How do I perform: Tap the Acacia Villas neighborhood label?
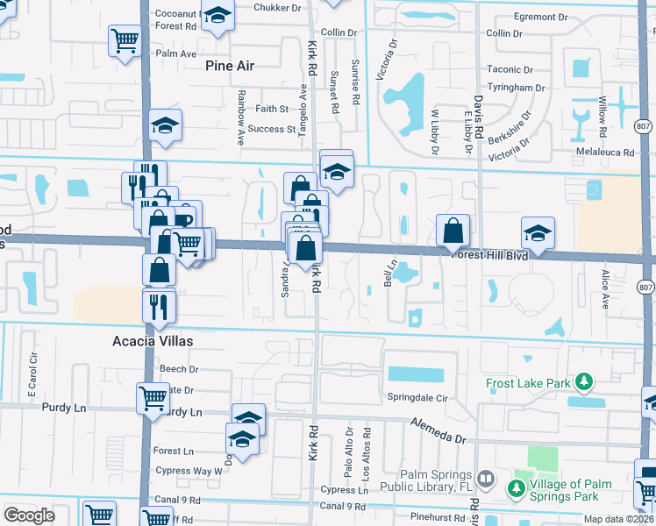152,340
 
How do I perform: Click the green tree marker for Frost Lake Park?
582,382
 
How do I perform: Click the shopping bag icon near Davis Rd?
452,231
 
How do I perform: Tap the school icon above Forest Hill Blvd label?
538,232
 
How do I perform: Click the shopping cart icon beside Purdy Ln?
153,398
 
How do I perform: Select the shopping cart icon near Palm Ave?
125,39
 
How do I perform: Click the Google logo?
29,515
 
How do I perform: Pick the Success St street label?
272,129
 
